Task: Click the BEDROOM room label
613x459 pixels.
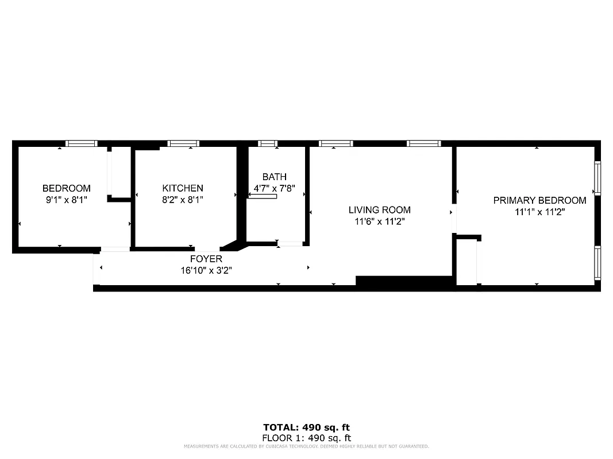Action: coord(67,188)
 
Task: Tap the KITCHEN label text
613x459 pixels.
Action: coord(183,188)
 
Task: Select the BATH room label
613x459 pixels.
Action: coord(274,177)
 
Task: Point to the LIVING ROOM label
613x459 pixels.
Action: coord(380,210)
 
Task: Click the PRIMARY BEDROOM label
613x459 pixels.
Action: coord(539,200)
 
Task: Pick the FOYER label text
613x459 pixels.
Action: coord(206,259)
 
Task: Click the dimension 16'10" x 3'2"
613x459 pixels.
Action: coord(206,270)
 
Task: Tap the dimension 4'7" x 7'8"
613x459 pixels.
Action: coord(274,188)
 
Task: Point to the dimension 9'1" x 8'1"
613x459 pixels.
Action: coord(67,200)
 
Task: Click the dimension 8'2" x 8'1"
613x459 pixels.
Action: coord(183,200)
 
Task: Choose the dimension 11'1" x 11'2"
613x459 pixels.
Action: coord(539,211)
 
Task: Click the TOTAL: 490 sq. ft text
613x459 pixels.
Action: coord(306,427)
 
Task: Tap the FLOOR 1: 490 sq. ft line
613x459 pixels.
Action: coord(306,437)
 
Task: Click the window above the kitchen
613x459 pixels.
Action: coord(183,143)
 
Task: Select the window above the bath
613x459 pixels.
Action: coord(268,143)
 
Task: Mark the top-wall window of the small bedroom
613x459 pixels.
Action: coord(81,143)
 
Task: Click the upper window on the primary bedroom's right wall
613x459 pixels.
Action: coord(597,178)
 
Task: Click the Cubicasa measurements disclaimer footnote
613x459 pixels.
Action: coord(306,446)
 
